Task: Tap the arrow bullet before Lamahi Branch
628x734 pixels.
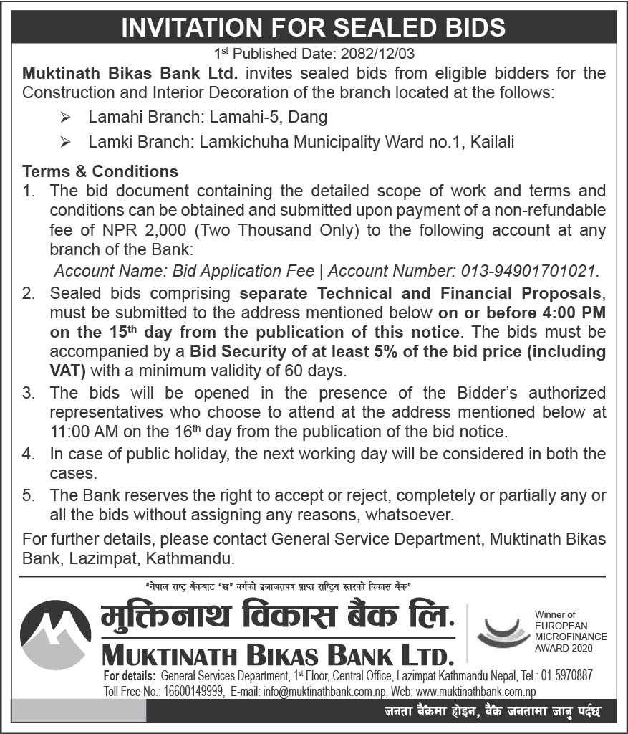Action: pos(66,116)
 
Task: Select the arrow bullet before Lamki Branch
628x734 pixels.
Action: pos(66,143)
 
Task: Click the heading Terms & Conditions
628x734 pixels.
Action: pos(100,172)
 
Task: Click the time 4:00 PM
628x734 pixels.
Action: pos(571,313)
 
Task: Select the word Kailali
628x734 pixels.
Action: pos(492,143)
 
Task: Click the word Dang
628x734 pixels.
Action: pos(310,116)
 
